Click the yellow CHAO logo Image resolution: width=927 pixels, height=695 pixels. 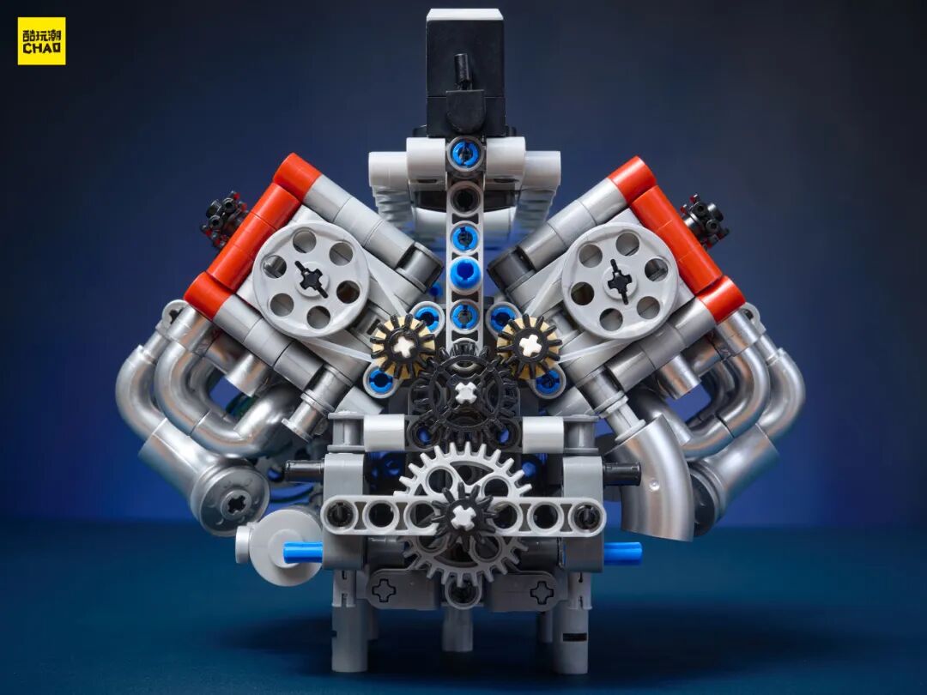pyautogui.click(x=41, y=41)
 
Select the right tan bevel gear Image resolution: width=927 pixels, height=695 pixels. pyautogui.click(x=529, y=344)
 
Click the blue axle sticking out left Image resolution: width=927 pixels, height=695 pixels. pyautogui.click(x=302, y=552)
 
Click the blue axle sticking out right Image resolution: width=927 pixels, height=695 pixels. pyautogui.click(x=622, y=551)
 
